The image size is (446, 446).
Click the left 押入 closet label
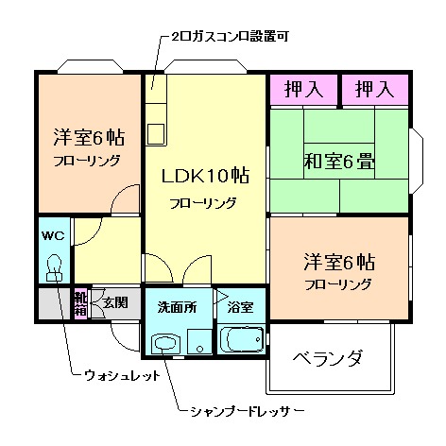[x=303, y=90]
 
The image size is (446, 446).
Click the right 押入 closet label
[x=374, y=90]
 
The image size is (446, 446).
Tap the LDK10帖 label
[x=205, y=177]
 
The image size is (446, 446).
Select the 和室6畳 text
[x=339, y=160]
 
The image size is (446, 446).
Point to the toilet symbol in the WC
[x=54, y=266]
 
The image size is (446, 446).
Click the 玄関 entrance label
[x=115, y=302]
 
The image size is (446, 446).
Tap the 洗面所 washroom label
[x=176, y=307]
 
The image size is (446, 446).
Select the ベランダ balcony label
[x=328, y=359]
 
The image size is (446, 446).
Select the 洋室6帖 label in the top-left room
[x=87, y=136]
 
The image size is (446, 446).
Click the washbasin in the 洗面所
[x=167, y=343]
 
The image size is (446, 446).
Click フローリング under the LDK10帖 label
[x=203, y=203]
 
